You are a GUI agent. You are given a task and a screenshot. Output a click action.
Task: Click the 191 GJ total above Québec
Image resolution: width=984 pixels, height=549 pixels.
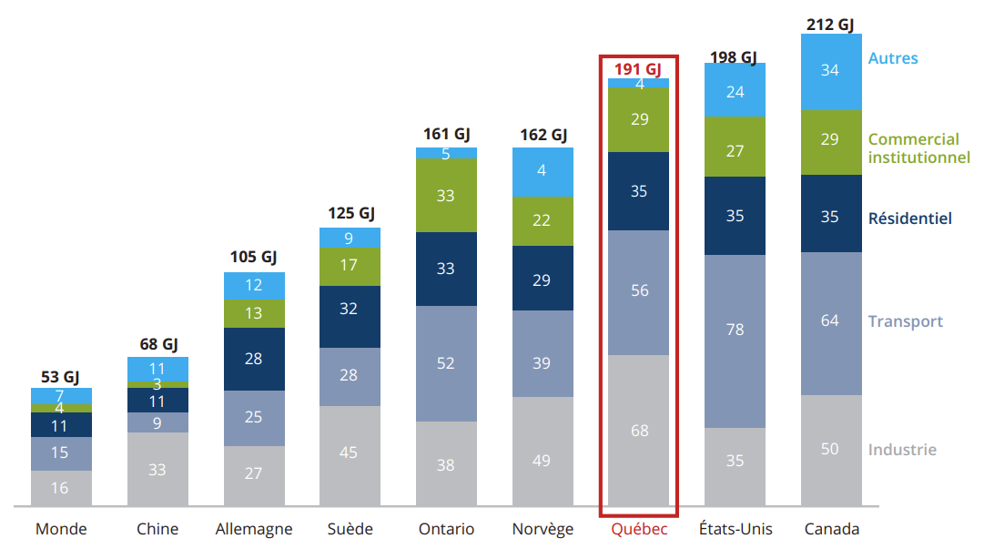pos(637,69)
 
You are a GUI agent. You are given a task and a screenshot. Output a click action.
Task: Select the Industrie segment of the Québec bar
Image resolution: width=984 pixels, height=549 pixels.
pos(639,430)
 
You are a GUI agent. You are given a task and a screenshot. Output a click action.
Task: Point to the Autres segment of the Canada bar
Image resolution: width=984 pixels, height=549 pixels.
pos(830,71)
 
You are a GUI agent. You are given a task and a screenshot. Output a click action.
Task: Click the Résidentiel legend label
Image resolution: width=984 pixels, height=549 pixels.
pos(909,219)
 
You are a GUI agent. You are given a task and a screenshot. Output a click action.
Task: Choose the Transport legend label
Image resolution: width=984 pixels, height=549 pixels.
pos(905,321)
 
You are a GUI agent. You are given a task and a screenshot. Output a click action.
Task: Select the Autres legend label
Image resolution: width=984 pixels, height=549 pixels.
pos(892,58)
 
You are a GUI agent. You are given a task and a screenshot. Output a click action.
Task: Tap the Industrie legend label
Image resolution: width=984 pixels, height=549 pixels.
pos(901,450)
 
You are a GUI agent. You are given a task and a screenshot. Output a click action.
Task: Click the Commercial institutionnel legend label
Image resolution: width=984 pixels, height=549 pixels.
pos(918,148)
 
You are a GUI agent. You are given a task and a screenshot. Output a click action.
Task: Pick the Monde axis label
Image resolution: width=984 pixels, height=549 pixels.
pos(61,529)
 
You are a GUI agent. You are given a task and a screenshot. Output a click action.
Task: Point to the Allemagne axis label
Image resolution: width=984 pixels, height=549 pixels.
pos(254,529)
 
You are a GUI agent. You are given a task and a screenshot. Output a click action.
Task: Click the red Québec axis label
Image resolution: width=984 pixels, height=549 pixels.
pos(639,529)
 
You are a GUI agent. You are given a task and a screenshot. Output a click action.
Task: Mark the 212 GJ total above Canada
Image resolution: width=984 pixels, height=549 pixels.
pos(830,25)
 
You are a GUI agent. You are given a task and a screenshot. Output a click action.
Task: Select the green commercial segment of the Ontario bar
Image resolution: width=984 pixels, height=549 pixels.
pos(446,195)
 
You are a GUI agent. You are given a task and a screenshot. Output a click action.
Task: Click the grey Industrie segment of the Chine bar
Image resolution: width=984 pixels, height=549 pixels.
pos(157,469)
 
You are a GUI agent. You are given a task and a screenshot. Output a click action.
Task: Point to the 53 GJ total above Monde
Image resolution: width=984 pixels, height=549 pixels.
pos(61,378)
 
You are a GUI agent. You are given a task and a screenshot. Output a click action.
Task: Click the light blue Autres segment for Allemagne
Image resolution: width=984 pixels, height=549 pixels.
pos(254,286)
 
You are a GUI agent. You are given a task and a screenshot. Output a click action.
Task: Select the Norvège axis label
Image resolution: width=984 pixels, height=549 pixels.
pos(543,529)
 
